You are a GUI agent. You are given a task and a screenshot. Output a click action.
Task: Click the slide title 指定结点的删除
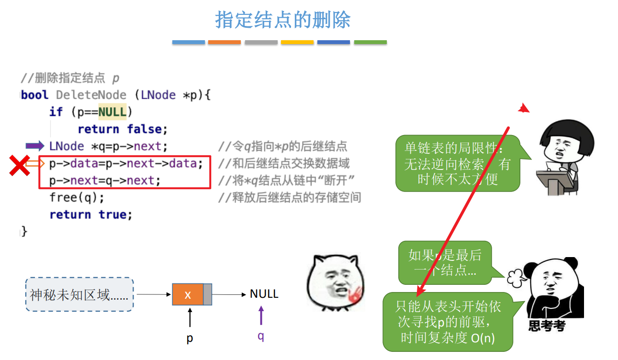[x=283, y=20]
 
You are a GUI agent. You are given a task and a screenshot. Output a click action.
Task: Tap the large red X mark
[x=19, y=165]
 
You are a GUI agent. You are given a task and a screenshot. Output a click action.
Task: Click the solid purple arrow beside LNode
[x=34, y=146]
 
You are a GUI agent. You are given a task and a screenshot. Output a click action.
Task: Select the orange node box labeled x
[x=188, y=294]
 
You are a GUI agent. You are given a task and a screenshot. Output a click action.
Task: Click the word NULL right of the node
[x=264, y=294]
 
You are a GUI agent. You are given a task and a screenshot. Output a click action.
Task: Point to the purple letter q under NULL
[x=261, y=336]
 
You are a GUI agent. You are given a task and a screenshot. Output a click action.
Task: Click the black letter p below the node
[x=190, y=338]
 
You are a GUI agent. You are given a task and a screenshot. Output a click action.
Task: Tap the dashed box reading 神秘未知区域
[x=79, y=294]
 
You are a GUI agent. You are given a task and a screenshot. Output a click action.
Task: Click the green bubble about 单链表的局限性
[x=457, y=163]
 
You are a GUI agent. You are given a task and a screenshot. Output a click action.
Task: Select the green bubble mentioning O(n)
[x=448, y=322]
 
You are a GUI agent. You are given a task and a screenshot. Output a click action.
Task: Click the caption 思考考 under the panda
[x=547, y=326]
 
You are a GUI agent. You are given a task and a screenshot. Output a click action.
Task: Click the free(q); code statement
[x=77, y=197]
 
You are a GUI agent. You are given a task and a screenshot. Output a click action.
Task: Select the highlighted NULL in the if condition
[x=112, y=112]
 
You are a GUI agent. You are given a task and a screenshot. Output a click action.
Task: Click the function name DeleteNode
[x=91, y=95]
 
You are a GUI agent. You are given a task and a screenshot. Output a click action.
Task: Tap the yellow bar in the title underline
[x=297, y=43]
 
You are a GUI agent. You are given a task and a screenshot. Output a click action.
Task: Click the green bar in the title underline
[x=370, y=43]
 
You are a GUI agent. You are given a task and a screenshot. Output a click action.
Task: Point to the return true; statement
[x=91, y=214]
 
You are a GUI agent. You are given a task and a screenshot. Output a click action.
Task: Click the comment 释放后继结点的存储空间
[x=290, y=197]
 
